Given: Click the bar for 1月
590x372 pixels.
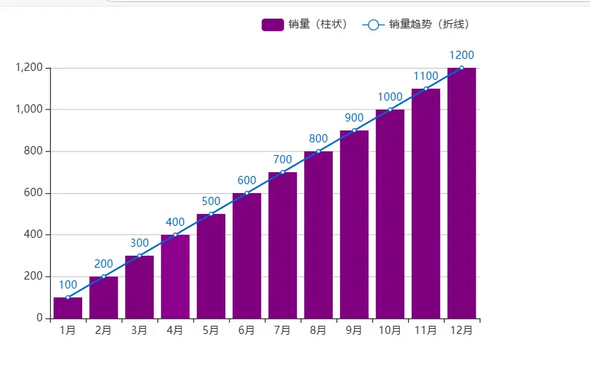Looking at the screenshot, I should (x=68, y=308).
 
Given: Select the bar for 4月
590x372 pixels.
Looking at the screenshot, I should (x=175, y=277).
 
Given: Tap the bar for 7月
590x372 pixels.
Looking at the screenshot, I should (x=283, y=245).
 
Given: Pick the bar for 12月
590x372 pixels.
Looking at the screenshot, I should (x=462, y=193).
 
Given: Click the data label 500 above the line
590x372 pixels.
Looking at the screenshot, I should (x=211, y=201).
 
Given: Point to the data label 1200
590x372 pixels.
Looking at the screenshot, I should (x=462, y=55).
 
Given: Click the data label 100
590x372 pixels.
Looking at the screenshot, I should (x=68, y=285).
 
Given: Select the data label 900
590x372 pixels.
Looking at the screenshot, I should (x=354, y=118).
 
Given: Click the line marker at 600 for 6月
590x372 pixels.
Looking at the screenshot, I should (x=247, y=193).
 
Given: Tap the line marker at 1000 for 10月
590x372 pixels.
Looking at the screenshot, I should (x=390, y=110).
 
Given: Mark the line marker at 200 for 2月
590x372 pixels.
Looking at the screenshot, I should (x=104, y=277).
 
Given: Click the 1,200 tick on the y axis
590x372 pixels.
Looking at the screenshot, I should (x=29, y=68).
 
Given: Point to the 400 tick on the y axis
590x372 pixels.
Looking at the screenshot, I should (x=34, y=235).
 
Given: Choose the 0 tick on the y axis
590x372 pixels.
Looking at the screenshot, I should (x=40, y=318).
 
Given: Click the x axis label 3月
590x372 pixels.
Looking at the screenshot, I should (x=139, y=330).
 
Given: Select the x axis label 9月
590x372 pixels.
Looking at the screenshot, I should (x=354, y=330).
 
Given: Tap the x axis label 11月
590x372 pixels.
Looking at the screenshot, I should (x=426, y=330).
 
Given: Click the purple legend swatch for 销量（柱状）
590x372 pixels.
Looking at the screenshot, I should (x=273, y=25).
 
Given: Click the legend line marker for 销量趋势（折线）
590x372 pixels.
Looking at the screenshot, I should (x=374, y=25).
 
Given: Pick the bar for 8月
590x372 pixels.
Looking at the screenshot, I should (x=318, y=235).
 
